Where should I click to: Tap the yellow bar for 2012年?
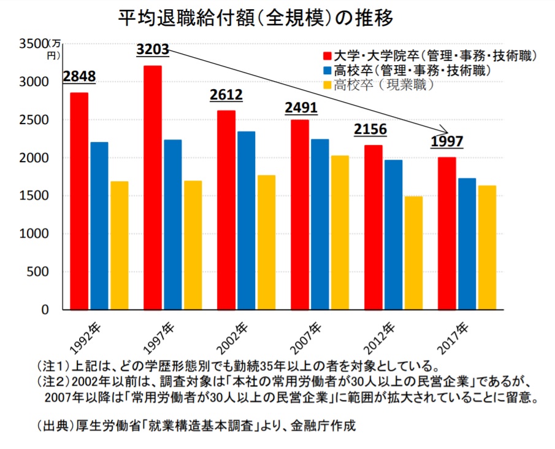click(413, 252)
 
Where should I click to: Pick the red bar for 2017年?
click(447, 233)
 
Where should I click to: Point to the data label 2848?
click(79, 77)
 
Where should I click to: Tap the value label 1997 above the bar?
click(446, 142)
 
